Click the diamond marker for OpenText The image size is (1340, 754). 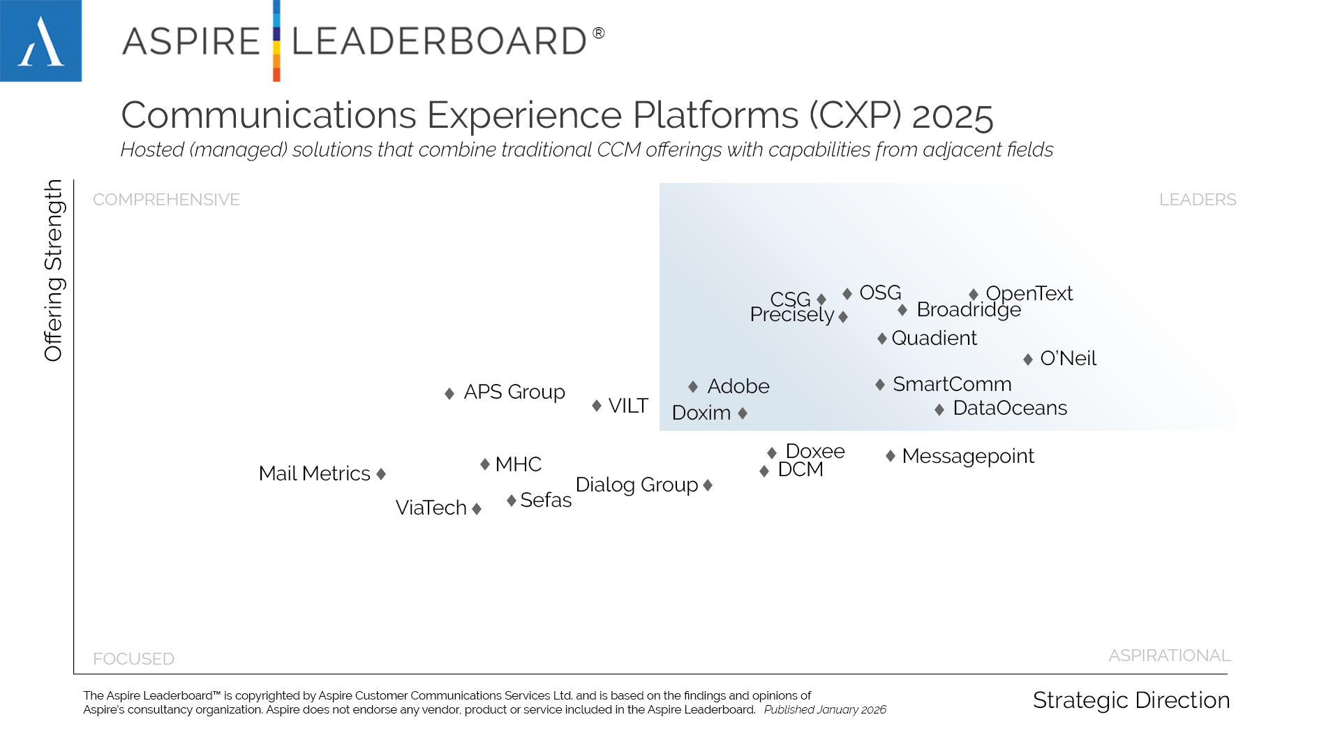pyautogui.click(x=974, y=295)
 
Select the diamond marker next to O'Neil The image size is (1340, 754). pyautogui.click(x=1028, y=360)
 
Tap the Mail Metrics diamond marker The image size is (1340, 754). pyautogui.click(x=381, y=474)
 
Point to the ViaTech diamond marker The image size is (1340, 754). pyautogui.click(x=477, y=509)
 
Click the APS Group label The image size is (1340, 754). pyautogui.click(x=514, y=392)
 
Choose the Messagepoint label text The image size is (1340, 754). pyautogui.click(x=968, y=456)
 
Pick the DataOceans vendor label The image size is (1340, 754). pyautogui.click(x=1010, y=408)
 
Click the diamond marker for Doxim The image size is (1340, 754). pyautogui.click(x=743, y=413)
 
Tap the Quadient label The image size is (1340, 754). pyautogui.click(x=934, y=338)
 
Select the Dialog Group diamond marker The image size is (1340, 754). pyautogui.click(x=708, y=485)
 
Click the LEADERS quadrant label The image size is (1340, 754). pyautogui.click(x=1198, y=200)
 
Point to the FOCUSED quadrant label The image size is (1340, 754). pyautogui.click(x=133, y=659)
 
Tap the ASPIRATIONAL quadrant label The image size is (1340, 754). pyautogui.click(x=1170, y=656)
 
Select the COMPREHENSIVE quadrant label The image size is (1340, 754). pyautogui.click(x=166, y=200)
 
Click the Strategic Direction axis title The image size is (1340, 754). pyautogui.click(x=1131, y=700)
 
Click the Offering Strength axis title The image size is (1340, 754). pyautogui.click(x=54, y=270)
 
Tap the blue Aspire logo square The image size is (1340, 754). pyautogui.click(x=40, y=40)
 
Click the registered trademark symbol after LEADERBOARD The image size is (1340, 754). pyautogui.click(x=599, y=33)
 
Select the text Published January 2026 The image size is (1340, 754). pyautogui.click(x=825, y=710)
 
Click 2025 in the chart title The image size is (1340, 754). pyautogui.click(x=952, y=116)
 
